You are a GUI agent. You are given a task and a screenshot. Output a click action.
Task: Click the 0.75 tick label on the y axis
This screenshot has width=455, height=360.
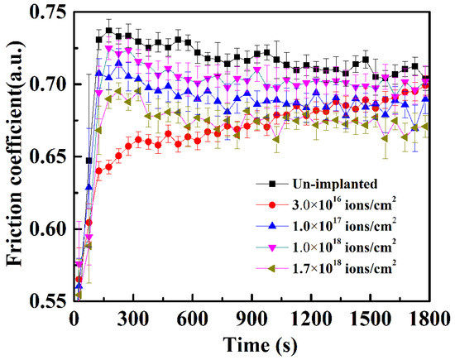click(48, 12)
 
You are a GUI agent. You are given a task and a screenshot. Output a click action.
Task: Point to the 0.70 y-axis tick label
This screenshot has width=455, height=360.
click(48, 84)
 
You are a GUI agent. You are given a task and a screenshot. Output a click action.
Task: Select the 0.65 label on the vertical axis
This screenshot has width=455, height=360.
click(48, 156)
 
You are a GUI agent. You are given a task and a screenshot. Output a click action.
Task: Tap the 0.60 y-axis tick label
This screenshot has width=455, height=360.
click(48, 228)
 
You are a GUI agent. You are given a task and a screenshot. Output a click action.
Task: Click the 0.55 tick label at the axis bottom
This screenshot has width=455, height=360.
click(48, 300)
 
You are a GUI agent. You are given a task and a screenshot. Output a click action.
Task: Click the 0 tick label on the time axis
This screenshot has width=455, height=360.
click(74, 318)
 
